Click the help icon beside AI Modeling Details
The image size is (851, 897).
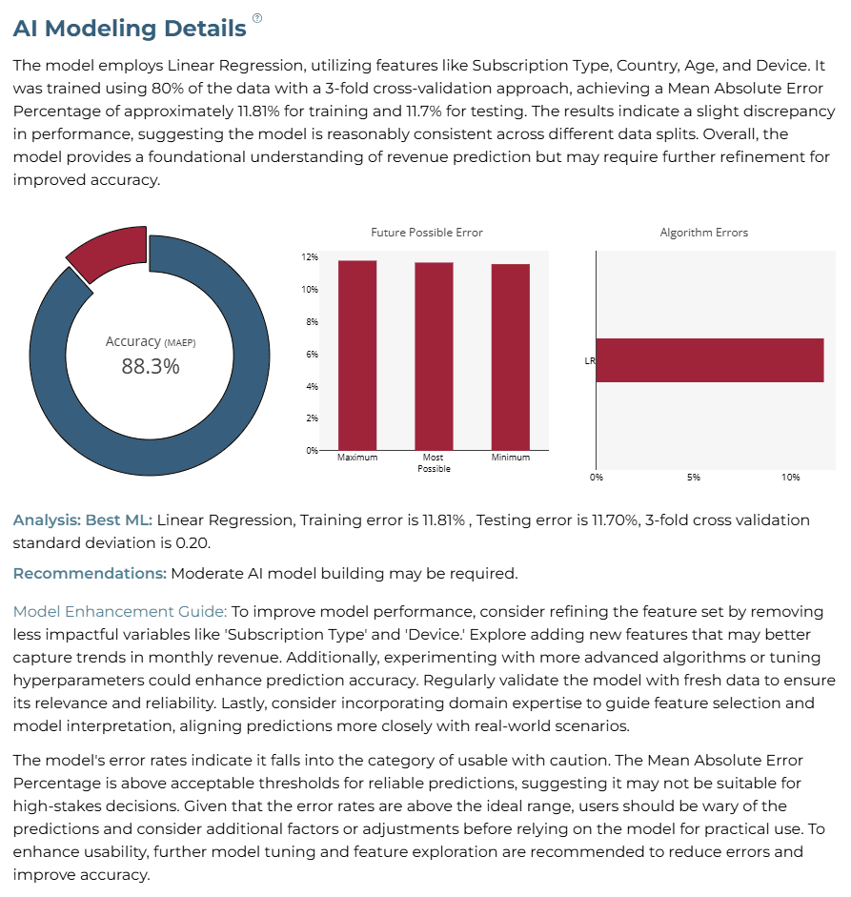pos(257,18)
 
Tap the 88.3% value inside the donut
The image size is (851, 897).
pos(151,367)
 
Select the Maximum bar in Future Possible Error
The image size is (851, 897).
pos(357,356)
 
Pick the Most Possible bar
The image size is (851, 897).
pos(435,357)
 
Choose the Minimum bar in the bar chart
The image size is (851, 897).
pos(511,357)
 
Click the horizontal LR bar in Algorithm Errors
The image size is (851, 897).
pos(710,360)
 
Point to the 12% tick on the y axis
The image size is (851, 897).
pos(310,257)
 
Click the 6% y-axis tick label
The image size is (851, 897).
pos(311,354)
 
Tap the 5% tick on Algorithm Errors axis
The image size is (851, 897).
pos(694,478)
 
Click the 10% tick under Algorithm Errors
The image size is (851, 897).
pos(791,478)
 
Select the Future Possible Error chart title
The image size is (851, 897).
pos(427,233)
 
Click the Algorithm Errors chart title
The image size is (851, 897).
pos(704,233)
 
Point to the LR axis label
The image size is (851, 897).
pos(590,361)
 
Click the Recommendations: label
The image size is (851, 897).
pos(90,573)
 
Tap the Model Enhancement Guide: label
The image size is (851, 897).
pos(120,612)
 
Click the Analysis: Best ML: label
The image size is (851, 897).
pos(83,520)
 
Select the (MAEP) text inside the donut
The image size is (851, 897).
pos(180,342)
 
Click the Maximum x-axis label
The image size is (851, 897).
pos(357,458)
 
